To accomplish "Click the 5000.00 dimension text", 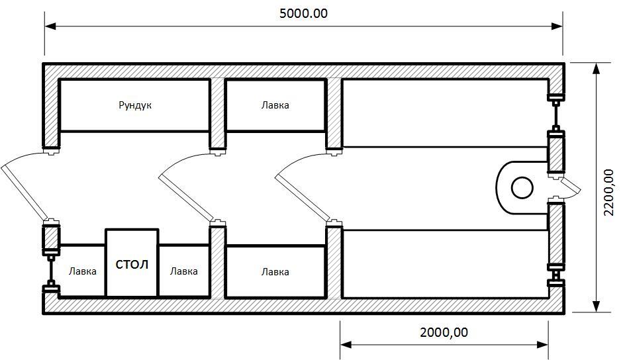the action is (x=303, y=13).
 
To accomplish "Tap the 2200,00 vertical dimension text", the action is (x=608, y=193).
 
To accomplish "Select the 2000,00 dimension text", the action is (x=444, y=332).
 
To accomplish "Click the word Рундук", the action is (x=135, y=105).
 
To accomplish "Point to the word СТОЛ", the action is (x=132, y=265).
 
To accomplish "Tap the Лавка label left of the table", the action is (x=83, y=271).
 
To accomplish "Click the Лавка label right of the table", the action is (x=184, y=271).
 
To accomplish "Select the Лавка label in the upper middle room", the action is (x=275, y=105).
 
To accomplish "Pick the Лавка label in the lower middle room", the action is (x=275, y=272).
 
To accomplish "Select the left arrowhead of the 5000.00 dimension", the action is (x=50, y=26).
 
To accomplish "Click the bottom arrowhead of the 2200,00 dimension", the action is (x=596, y=306).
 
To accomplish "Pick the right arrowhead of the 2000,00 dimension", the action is (x=542, y=345).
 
